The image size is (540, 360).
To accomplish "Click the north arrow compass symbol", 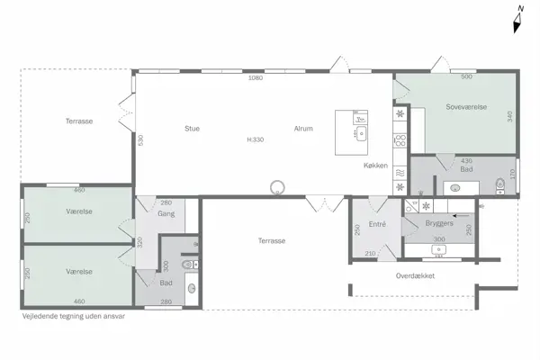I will (518, 20).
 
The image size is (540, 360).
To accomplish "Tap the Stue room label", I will (192, 129).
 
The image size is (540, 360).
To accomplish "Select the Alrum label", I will (303, 129).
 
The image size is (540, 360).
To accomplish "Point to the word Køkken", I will (375, 166).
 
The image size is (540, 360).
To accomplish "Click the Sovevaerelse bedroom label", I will (466, 107).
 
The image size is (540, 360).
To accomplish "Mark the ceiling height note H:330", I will (256, 139).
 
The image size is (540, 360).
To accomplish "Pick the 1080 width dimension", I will (255, 78).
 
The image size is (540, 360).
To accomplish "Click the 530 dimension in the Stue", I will (140, 139).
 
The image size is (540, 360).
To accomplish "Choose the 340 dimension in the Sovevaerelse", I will (509, 118).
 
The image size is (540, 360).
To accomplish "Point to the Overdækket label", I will (415, 275).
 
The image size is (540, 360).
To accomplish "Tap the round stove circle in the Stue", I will (279, 187).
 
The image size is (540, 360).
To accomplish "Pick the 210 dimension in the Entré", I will (370, 254).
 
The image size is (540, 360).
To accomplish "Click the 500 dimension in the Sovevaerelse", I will (467, 77).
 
